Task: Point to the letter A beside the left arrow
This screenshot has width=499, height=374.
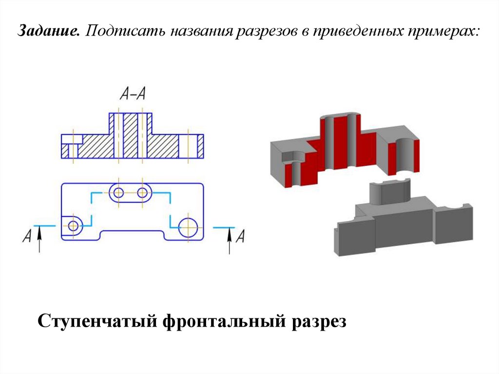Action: coord(28,237)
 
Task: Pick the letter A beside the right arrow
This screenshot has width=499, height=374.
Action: coord(240,237)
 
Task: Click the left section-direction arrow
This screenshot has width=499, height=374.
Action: coord(40,240)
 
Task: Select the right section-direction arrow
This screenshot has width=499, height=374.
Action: coord(229,240)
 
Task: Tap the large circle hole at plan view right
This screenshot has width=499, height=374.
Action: coord(188,226)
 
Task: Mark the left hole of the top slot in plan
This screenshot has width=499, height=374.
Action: coord(117,192)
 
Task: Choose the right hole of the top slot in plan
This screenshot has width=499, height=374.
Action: coord(142,192)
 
